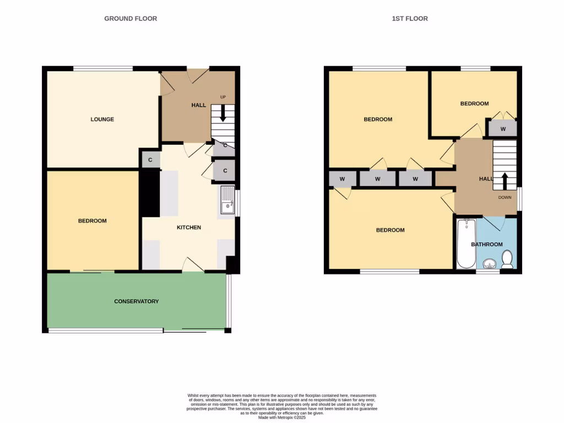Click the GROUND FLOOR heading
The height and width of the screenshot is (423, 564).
[131, 19]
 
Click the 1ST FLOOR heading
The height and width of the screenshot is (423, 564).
[410, 19]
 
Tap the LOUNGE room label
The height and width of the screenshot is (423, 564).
[102, 120]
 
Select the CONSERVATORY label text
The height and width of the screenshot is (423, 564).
[136, 301]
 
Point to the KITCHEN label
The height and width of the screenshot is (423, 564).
[189, 227]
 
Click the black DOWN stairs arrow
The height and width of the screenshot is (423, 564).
[504, 180]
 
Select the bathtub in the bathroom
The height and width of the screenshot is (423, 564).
[466, 243]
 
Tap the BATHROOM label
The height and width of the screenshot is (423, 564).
[487, 245]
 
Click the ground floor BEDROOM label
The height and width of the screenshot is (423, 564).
[92, 221]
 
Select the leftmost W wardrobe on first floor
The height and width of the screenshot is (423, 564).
[342, 179]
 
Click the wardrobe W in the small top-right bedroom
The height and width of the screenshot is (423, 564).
[503, 129]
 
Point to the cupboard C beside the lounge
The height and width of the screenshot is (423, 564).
[150, 160]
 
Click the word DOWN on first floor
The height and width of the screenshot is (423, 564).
[505, 197]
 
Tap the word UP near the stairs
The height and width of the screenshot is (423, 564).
[223, 97]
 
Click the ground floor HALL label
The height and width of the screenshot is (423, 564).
[198, 105]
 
